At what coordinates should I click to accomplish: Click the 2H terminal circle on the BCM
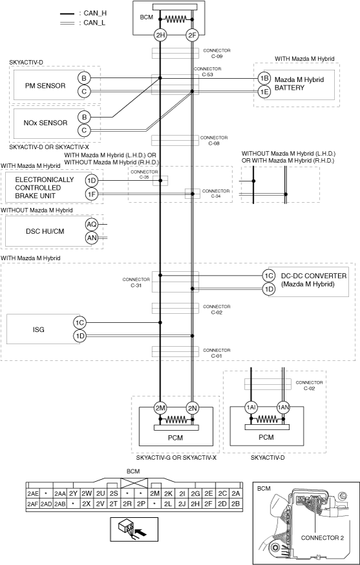(x=160, y=36)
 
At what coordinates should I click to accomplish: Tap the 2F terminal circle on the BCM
(x=192, y=36)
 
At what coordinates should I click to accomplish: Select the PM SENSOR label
(x=45, y=86)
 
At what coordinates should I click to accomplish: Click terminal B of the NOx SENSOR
(x=84, y=117)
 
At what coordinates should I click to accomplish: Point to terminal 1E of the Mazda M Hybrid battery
(x=264, y=92)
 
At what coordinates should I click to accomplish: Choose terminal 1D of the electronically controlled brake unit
(x=92, y=180)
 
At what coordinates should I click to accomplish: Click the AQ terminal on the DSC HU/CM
(x=92, y=225)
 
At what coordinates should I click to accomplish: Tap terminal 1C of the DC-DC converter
(x=268, y=276)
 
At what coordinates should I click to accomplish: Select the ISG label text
(x=39, y=329)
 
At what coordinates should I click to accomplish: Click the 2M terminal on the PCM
(x=160, y=408)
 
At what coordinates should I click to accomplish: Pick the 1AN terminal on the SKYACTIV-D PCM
(x=283, y=408)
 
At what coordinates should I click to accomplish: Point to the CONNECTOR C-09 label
(x=217, y=54)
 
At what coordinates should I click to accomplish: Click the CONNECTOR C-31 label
(x=136, y=282)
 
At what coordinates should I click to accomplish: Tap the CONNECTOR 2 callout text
(x=322, y=538)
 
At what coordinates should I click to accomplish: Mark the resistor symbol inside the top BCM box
(x=176, y=19)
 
